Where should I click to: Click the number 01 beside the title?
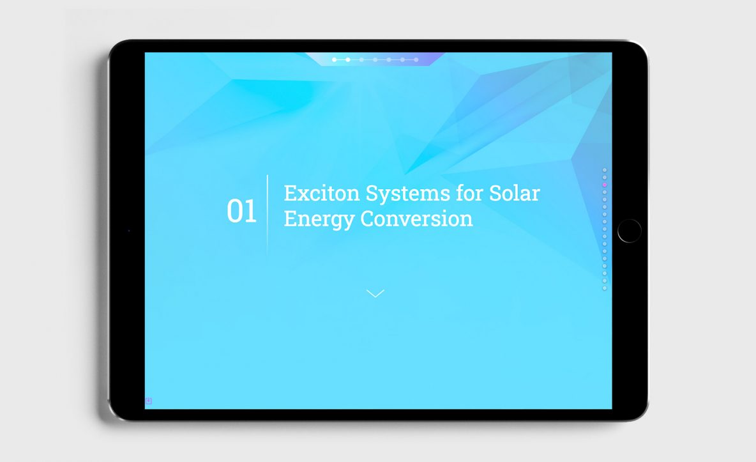click(241, 211)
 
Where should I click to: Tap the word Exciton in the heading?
click(322, 193)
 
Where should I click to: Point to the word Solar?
click(515, 193)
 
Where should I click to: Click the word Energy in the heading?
click(319, 219)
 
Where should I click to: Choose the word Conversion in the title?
click(416, 219)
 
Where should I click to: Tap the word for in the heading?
click(469, 193)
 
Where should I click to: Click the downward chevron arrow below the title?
click(375, 293)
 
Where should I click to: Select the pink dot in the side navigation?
click(605, 185)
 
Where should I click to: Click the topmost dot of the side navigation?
click(605, 170)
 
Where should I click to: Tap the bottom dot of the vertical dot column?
click(605, 288)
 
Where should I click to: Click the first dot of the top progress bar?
click(334, 60)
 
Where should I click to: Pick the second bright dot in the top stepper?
click(347, 60)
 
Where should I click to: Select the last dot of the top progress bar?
click(416, 60)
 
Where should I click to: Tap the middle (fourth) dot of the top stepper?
click(375, 60)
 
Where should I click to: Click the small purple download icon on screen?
click(149, 401)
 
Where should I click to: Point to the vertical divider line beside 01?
click(267, 214)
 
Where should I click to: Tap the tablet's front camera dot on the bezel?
click(129, 231)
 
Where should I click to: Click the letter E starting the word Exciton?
click(289, 193)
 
